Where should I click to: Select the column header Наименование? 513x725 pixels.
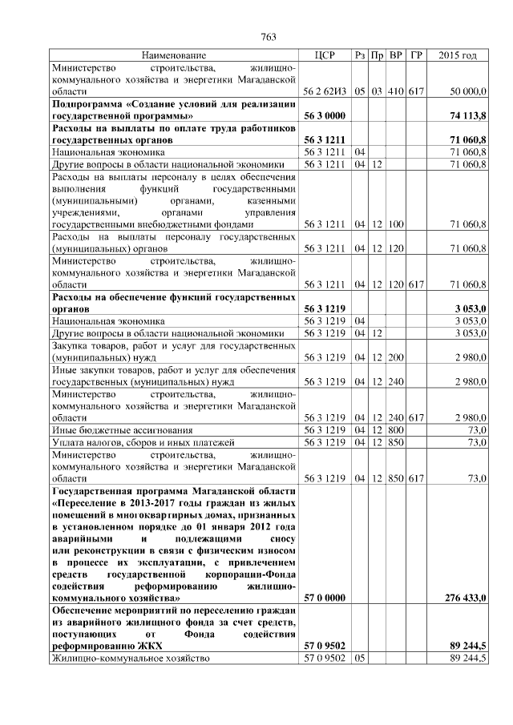click(174, 55)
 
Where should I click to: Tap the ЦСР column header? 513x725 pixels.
click(325, 55)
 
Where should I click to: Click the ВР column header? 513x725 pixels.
click(395, 55)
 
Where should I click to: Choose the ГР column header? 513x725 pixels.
click(415, 55)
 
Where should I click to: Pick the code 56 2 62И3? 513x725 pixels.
click(325, 93)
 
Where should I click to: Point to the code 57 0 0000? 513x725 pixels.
click(325, 598)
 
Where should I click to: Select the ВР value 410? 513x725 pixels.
click(395, 93)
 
